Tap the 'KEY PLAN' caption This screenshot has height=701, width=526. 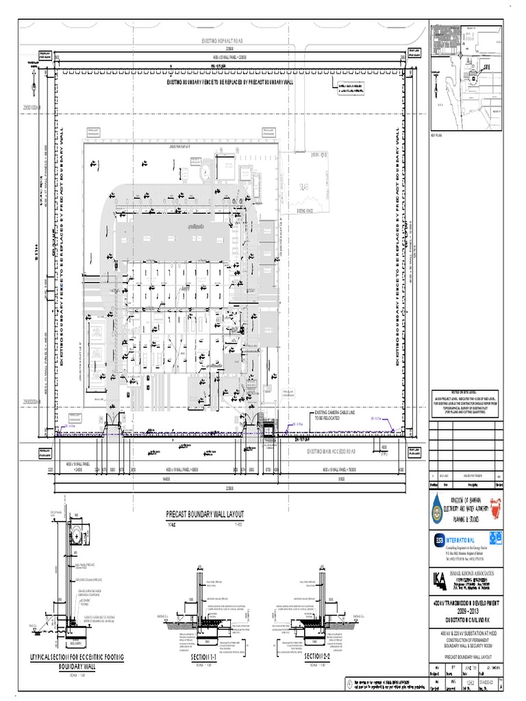pyautogui.click(x=438, y=136)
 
